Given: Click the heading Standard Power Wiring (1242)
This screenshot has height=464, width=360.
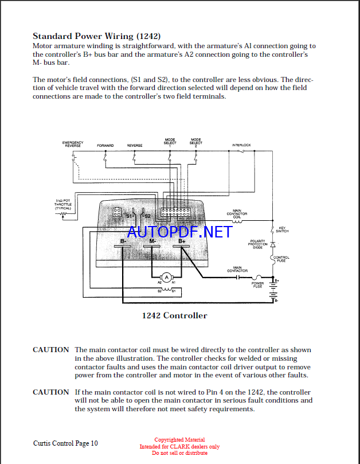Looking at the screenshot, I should pos(97,36).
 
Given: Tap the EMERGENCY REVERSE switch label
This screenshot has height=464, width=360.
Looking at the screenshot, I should pos(73,144).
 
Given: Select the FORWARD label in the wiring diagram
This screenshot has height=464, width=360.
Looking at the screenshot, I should pos(105,146).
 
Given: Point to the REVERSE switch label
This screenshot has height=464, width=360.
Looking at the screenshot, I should pos(134,146).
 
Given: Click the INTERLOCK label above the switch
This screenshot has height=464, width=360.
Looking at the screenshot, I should pos(241,145).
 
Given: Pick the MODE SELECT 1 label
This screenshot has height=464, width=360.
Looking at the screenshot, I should pos(170,142).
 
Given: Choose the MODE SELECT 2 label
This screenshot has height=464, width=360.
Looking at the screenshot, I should pos(196,142).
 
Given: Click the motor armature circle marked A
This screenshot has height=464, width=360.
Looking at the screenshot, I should pos(167,278).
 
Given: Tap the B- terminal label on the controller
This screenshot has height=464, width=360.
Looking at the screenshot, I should pos(124,241).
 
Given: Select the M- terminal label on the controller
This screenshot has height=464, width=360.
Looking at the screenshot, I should pos(153,241).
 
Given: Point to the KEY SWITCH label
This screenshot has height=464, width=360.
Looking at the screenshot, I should pos(282,229).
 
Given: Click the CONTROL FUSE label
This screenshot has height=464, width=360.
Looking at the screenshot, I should pos(281,259).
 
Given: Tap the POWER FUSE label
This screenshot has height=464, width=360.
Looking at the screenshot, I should pos(258,284).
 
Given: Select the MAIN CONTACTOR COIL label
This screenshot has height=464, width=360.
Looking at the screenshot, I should pos(237,213).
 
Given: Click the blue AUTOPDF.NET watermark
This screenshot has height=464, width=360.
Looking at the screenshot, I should pos(180,232).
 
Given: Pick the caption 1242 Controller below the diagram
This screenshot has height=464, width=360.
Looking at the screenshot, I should pos(174,315).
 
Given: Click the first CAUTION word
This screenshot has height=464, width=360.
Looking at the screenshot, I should pos(50,350).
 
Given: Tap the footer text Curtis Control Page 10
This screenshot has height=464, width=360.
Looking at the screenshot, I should pos(65,443).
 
